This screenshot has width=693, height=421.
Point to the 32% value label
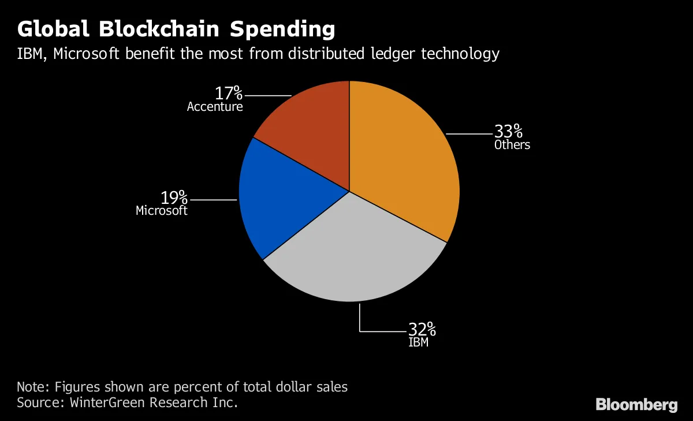[422, 330]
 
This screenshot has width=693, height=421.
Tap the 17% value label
[229, 93]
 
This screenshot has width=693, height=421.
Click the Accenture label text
[215, 107]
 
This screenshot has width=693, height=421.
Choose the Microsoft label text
[162, 211]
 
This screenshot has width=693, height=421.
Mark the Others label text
[512, 145]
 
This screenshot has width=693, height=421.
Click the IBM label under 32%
[419, 342]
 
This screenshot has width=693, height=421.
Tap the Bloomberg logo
[636, 404]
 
